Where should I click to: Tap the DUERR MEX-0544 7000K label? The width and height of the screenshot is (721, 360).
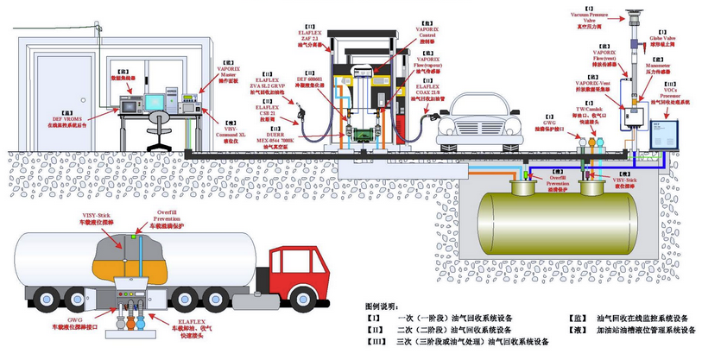(278, 138)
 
